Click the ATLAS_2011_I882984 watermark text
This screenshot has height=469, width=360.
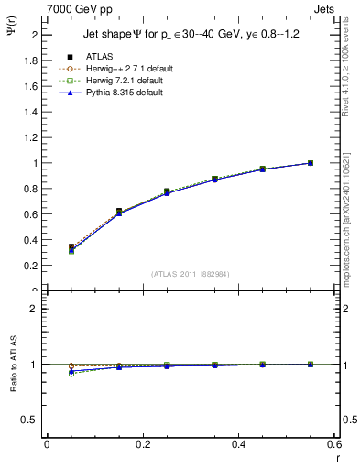pyautogui.click(x=190, y=274)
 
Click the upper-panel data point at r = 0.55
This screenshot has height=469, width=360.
pyautogui.click(x=311, y=163)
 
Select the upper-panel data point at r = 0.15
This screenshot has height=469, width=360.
pyautogui.click(x=118, y=212)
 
